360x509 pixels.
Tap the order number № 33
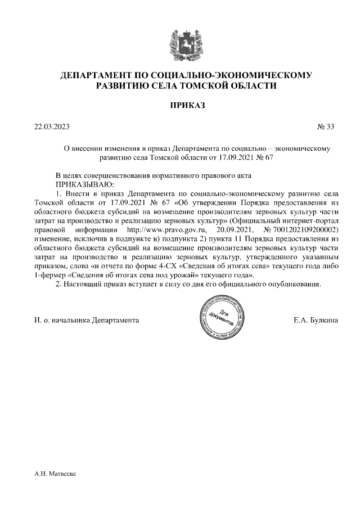[x=326, y=127]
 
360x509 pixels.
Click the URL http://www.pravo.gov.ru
[x=167, y=230]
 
